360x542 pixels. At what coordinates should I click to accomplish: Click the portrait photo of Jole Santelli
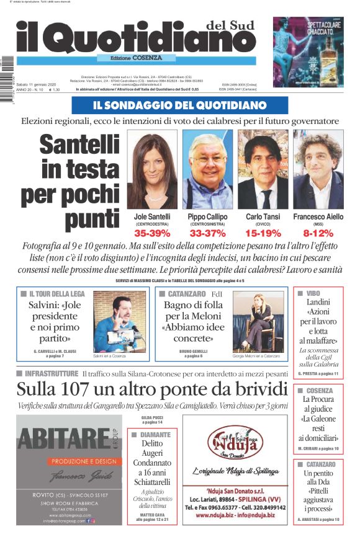(x=151, y=169)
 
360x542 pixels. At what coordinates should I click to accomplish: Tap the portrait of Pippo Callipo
(x=207, y=169)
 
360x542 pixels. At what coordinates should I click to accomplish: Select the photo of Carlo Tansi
(x=263, y=169)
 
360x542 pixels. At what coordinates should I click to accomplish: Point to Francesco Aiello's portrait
(x=318, y=169)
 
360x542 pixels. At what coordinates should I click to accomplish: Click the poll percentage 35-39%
(x=151, y=234)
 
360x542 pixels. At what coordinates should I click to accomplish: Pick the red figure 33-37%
(x=207, y=234)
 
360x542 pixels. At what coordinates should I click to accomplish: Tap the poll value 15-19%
(x=263, y=234)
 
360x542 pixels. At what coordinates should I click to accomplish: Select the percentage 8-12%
(x=318, y=234)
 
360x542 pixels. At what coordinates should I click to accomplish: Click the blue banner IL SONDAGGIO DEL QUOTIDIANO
(x=180, y=105)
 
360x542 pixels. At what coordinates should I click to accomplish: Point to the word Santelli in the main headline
(x=79, y=146)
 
